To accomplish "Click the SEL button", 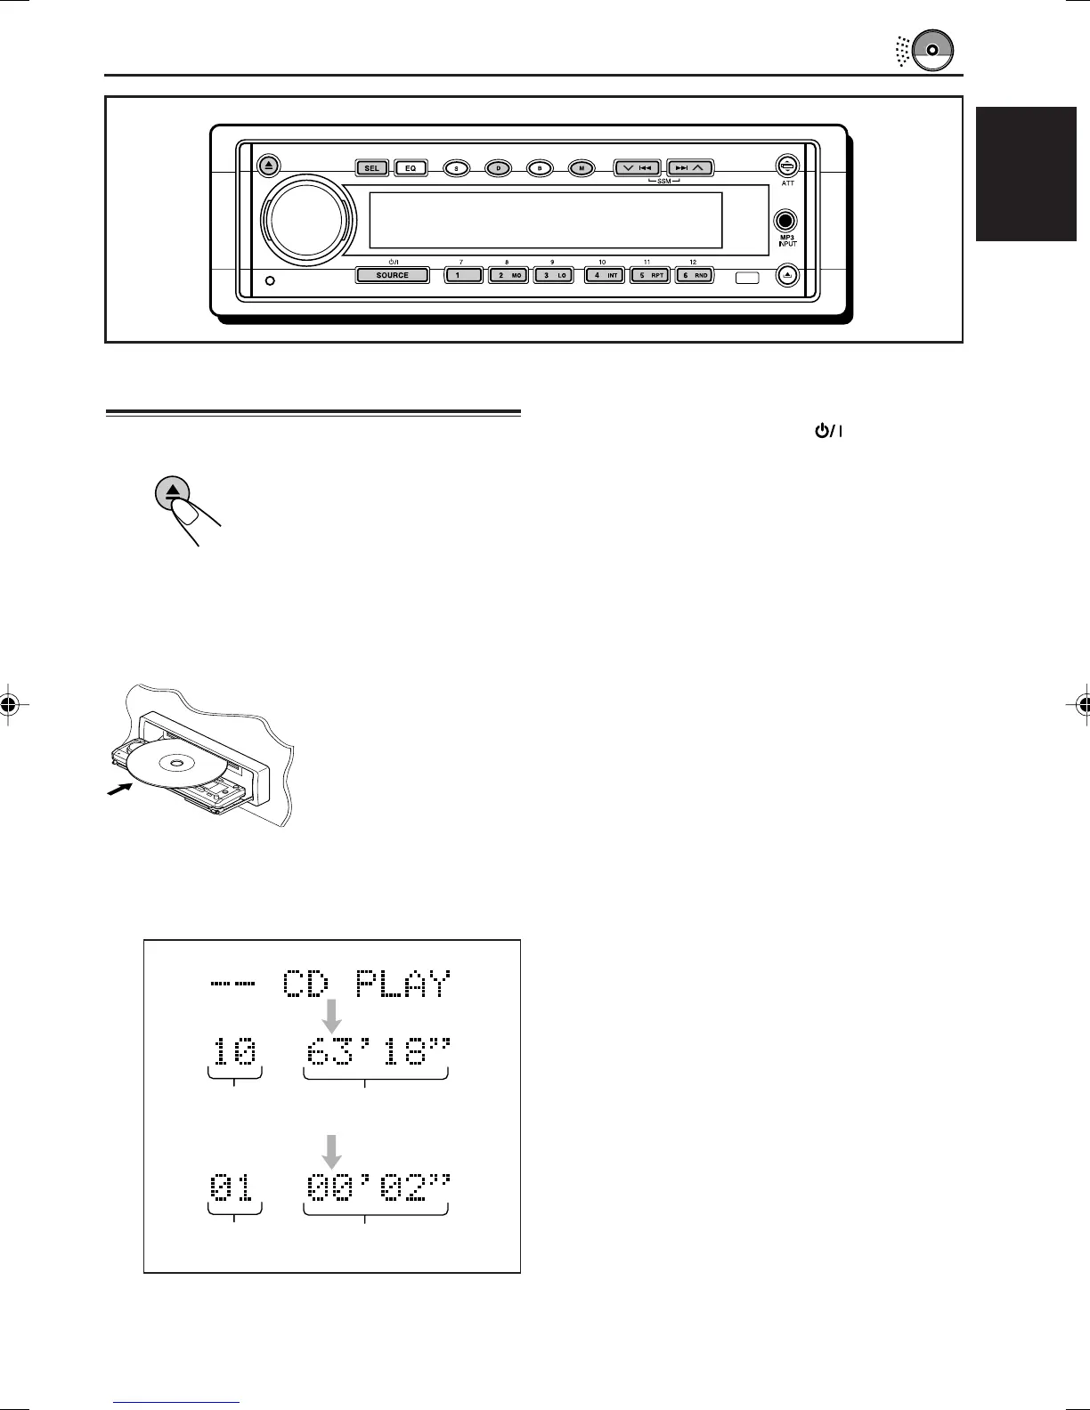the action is pos(371,167).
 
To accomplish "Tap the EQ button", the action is pos(411,167).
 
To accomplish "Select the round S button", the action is pos(457,167).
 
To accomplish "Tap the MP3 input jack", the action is pos(785,221).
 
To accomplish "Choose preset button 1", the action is pos(463,276).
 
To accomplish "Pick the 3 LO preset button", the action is pos(554,276).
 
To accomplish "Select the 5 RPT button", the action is pos(649,276).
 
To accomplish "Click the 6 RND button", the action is pos(694,276).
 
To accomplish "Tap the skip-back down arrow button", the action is pos(637,167).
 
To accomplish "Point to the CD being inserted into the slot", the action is pos(175,765).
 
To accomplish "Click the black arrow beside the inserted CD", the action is pos(117,789).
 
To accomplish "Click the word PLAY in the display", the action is pos(403,985).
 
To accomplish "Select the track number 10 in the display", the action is pos(233,1055).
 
